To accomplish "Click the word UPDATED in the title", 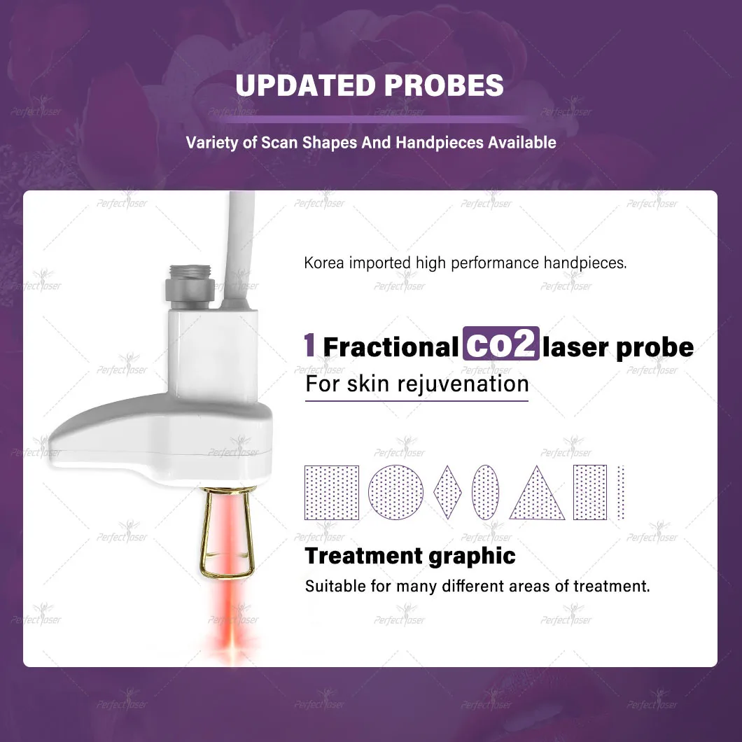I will (305, 85).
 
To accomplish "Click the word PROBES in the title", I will (444, 85).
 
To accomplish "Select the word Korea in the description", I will (325, 263).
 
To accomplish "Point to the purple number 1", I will (309, 346).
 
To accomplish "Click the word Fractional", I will (390, 347).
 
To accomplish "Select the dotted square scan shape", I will (332, 492).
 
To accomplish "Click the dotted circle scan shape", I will (396, 492).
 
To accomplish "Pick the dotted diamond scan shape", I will (448, 492).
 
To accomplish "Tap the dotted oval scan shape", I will (486, 492).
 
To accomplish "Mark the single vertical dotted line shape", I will (620, 492).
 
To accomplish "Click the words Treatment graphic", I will (410, 556).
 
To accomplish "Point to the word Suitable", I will (331, 585).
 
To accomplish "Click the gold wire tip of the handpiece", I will (225, 532).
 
